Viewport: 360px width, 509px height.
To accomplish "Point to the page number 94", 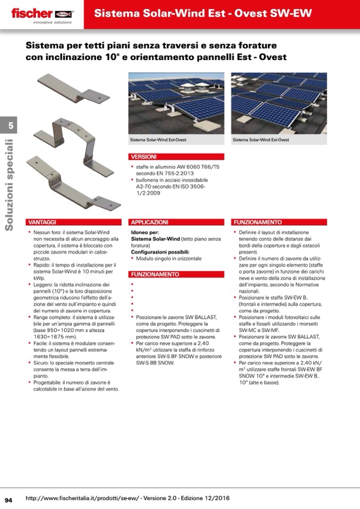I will coord(8,499).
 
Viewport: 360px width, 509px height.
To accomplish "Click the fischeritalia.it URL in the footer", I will coord(127,498).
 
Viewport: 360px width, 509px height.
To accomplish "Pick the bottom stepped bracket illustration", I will coord(74,183).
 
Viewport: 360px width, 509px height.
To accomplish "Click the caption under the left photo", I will coord(158,140).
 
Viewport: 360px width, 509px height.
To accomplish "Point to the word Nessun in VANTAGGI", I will coord(41,232).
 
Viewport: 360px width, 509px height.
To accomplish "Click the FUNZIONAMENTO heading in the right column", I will coord(257,222).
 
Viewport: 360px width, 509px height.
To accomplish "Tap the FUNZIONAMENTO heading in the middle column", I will coord(155,274).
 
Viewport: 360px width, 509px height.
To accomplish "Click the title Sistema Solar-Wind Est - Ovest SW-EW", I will coord(203,13).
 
